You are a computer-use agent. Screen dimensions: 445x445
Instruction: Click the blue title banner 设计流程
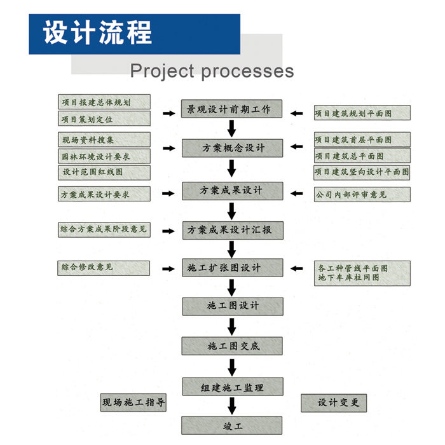(x=134, y=34)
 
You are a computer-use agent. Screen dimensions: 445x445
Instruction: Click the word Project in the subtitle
(x=161, y=70)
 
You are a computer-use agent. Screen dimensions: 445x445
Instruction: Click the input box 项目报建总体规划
(x=104, y=102)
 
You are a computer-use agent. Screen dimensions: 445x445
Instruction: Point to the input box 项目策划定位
(x=104, y=118)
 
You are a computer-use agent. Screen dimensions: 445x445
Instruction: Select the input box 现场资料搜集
(x=104, y=140)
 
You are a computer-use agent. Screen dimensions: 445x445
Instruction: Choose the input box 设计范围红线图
(x=104, y=172)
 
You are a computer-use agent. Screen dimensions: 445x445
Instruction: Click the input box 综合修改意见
(x=104, y=268)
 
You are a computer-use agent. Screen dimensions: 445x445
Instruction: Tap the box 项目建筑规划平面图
(x=362, y=113)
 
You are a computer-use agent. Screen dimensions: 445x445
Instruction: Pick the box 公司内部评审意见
(x=362, y=194)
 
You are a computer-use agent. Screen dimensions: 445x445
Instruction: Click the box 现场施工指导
(x=133, y=402)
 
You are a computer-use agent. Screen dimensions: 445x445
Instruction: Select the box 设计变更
(x=334, y=402)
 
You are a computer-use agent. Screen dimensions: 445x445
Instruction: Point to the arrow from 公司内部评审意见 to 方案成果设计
(x=298, y=193)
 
